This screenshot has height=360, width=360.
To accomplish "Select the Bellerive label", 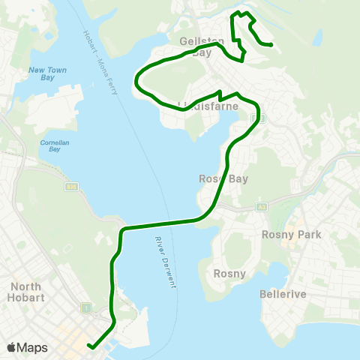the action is pyautogui.click(x=282, y=294).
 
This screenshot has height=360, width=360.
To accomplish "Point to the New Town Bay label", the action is pyautogui.click(x=47, y=76).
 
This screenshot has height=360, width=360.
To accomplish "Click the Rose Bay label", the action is pyautogui.click(x=218, y=178).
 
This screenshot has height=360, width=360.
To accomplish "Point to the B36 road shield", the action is pyautogui.click(x=71, y=187).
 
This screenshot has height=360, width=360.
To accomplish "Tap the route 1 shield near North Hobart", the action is pyautogui.click(x=87, y=308).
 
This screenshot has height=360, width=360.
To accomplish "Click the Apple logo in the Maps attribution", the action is pyautogui.click(x=11, y=347).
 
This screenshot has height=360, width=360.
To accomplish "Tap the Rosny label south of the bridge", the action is pyautogui.click(x=229, y=273).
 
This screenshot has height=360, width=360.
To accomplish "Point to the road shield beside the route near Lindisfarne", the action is pyautogui.click(x=263, y=118).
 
